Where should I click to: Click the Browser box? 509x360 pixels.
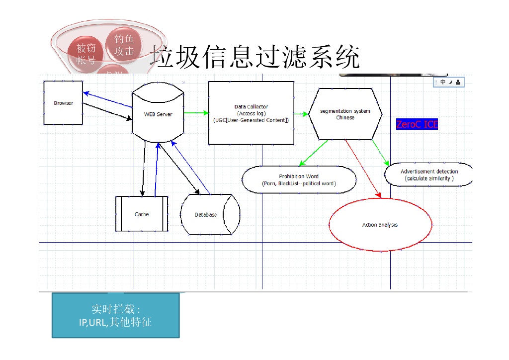(x=63, y=103)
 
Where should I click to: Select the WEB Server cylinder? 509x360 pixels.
(x=158, y=114)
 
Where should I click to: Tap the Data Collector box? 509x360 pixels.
(x=251, y=113)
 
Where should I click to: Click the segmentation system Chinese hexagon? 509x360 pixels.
(x=345, y=114)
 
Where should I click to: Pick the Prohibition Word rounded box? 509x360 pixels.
(x=299, y=180)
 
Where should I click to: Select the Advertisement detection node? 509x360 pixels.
(x=428, y=175)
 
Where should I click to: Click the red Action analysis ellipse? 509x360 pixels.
(x=380, y=225)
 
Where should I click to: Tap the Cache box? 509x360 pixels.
(x=142, y=214)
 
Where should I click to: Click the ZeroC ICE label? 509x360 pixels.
(x=417, y=124)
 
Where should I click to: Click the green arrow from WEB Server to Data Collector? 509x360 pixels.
(x=196, y=113)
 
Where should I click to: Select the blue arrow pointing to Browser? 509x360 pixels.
(x=107, y=99)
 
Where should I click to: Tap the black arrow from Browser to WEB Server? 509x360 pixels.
(x=107, y=112)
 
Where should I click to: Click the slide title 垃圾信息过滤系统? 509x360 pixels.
(x=254, y=57)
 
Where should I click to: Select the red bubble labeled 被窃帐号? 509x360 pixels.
(x=86, y=54)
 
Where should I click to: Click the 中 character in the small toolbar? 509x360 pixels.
(x=443, y=82)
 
